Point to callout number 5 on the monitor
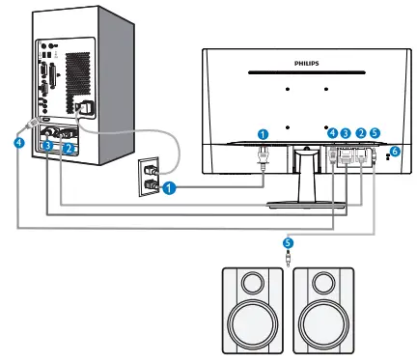click(375, 133)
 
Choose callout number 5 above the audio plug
click(287, 241)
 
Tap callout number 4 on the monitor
click(331, 133)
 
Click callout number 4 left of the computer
click(17, 142)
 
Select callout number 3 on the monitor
click(346, 133)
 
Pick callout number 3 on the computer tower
click(46, 145)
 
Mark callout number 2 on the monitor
click(360, 133)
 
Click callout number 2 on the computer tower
click(69, 147)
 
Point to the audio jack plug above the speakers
click(287, 257)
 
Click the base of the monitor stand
click(307, 201)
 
